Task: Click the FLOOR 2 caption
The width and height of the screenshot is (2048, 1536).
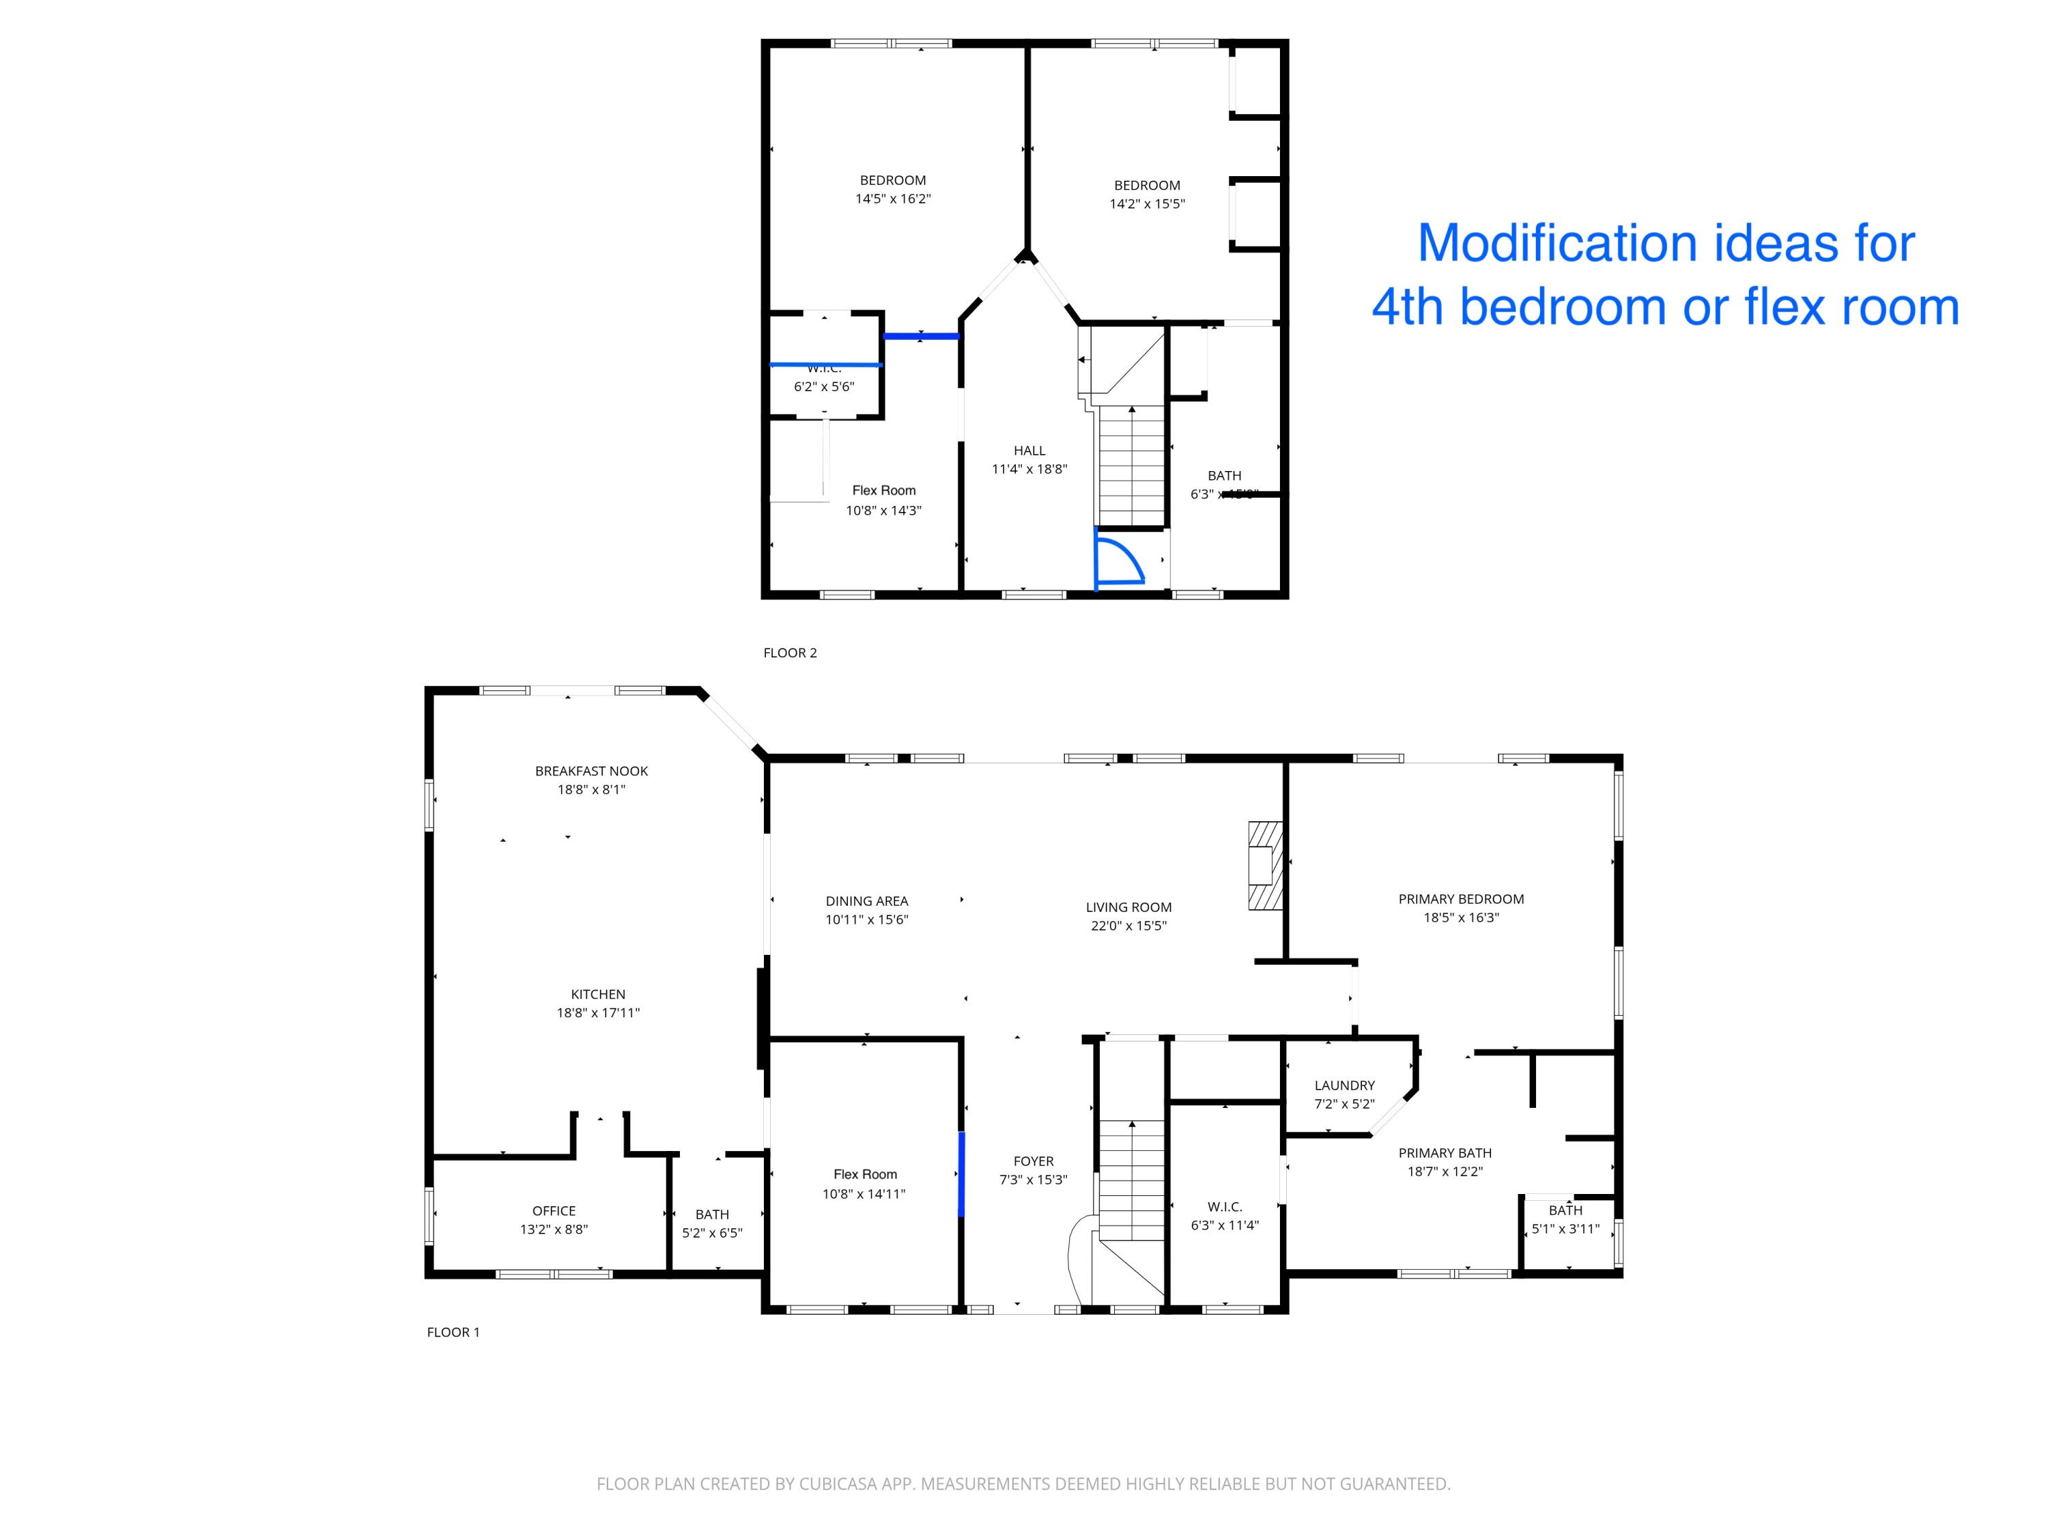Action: pos(790,653)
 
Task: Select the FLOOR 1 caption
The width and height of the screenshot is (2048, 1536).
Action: pos(453,1333)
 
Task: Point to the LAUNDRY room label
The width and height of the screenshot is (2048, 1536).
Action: pos(1344,1085)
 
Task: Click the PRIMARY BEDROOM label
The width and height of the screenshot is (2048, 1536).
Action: pos(1460,899)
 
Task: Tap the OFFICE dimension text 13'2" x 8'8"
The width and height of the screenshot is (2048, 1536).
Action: pos(554,1229)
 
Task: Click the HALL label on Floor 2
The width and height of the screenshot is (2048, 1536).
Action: pos(1029,451)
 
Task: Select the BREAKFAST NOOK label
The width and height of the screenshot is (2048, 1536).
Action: pos(591,771)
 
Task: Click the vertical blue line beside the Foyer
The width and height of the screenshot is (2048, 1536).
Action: pos(961,1174)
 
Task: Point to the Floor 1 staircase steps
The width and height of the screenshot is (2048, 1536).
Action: pos(1131,1180)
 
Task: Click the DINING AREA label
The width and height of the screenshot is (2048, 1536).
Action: pos(866,901)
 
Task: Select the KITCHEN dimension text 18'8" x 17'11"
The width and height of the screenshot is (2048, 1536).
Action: pos(598,1013)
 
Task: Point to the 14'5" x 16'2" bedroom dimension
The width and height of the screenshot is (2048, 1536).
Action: pos(892,199)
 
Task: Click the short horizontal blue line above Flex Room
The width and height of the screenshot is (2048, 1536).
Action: pos(920,336)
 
